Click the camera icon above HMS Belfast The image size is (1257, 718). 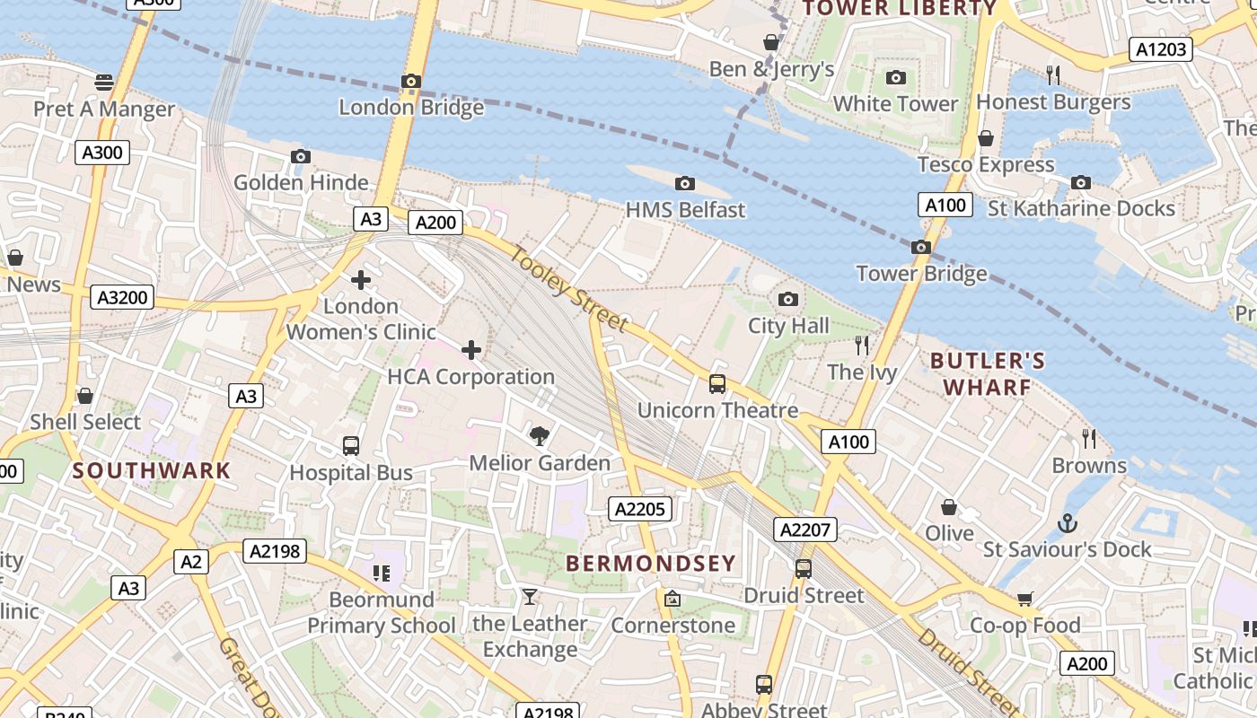tap(685, 184)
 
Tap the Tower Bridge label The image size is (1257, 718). tap(921, 274)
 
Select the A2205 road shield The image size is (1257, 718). tap(640, 510)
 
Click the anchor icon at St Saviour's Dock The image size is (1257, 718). tap(1067, 522)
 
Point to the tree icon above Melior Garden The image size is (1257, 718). tap(540, 436)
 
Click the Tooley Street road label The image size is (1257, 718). tap(569, 289)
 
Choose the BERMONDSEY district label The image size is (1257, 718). tap(651, 564)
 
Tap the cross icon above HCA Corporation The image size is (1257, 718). tap(471, 350)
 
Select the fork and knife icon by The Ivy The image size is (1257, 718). tap(862, 345)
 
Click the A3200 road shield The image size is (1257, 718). tap(122, 297)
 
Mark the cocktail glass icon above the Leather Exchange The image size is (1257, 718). tap(530, 597)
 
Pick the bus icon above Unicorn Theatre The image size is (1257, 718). tap(716, 384)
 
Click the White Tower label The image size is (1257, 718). tap(895, 104)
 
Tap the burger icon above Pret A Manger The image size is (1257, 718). tap(104, 83)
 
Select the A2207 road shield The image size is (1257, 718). tap(804, 530)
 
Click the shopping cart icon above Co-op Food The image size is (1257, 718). tap(1024, 599)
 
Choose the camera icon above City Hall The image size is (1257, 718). tap(788, 300)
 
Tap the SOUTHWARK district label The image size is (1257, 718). tap(152, 470)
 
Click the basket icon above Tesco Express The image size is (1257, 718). tap(986, 138)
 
